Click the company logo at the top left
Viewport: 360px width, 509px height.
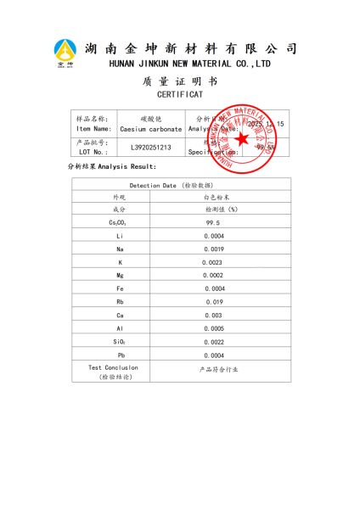point(65,53)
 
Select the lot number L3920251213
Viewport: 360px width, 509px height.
point(150,148)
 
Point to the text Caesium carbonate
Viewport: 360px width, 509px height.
point(150,129)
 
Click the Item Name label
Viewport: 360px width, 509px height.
point(93,129)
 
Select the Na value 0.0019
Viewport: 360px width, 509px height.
point(213,249)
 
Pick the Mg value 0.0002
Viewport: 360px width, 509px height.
point(213,275)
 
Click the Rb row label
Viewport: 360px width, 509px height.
point(120,301)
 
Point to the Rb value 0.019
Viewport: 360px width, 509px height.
point(213,301)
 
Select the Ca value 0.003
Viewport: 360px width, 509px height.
point(213,315)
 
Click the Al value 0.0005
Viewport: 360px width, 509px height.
point(213,328)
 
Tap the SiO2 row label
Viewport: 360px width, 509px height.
point(120,341)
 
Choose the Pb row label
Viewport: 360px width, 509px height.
point(120,355)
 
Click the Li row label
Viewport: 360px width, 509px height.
point(120,235)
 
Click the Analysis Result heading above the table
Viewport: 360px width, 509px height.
point(112,166)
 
